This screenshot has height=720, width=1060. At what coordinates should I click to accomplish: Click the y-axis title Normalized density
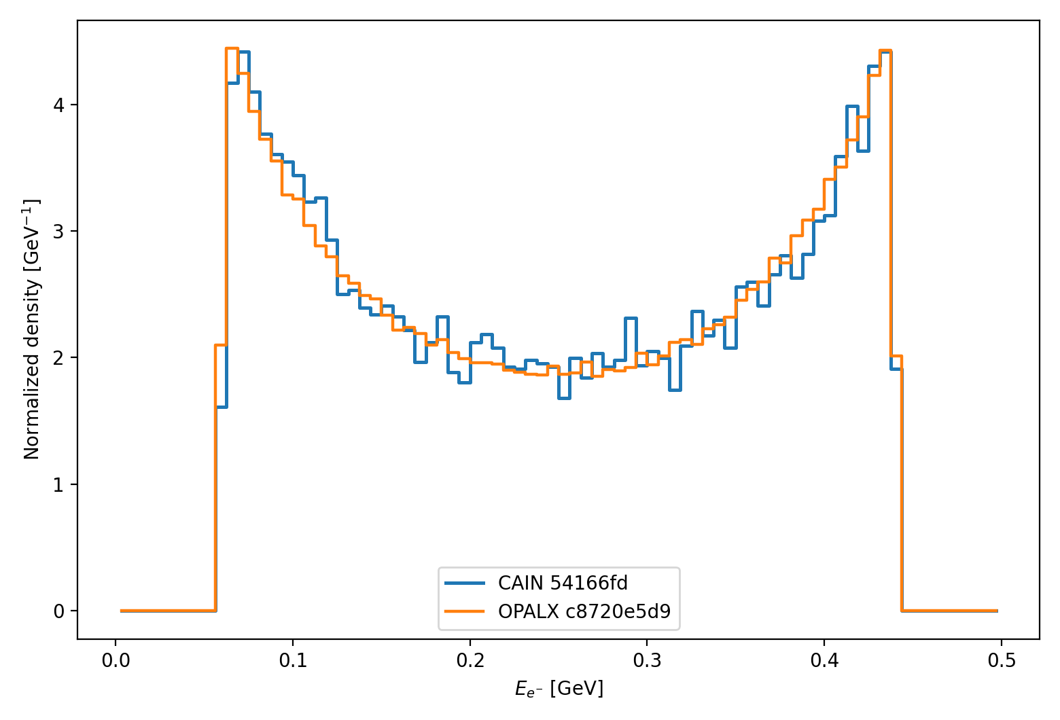(x=32, y=329)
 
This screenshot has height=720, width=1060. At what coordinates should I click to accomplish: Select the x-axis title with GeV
(x=559, y=689)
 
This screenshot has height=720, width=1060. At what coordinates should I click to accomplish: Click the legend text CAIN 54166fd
(x=563, y=583)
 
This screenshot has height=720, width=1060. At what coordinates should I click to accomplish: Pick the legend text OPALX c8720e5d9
(x=584, y=611)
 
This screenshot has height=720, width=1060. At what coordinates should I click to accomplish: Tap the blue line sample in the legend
(x=465, y=583)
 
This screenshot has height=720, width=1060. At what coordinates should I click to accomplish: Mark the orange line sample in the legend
(x=465, y=611)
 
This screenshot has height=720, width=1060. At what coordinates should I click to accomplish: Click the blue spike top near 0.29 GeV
(x=630, y=318)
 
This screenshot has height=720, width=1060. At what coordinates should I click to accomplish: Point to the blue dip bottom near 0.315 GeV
(x=675, y=389)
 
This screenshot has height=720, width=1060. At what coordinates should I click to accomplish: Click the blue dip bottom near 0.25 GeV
(x=564, y=397)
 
